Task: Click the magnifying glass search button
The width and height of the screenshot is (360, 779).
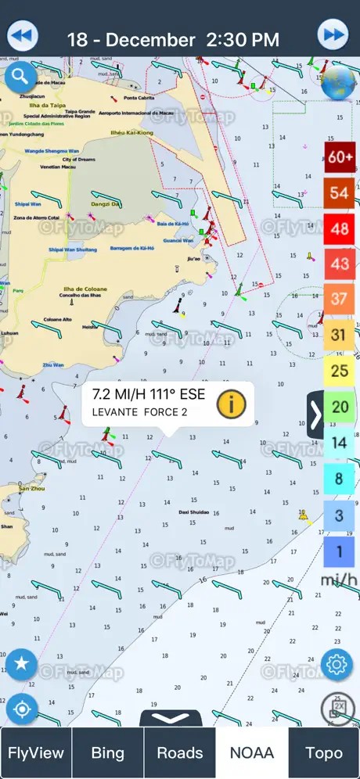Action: coord(20,77)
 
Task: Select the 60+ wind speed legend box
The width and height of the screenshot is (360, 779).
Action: coord(340,157)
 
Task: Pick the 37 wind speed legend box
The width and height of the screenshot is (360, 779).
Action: coord(340,299)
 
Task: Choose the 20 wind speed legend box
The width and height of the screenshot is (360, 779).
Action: coord(340,407)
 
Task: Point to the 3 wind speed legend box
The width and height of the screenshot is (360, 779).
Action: coord(340,515)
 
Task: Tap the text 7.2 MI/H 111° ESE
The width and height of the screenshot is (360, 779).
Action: coord(149,394)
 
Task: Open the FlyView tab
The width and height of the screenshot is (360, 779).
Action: coord(36,753)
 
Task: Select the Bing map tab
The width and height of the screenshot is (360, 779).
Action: coord(107,753)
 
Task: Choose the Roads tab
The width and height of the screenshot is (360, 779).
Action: coord(179,753)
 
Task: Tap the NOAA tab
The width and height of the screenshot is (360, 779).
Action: coord(251,753)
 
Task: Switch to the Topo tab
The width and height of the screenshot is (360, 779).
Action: coord(323,753)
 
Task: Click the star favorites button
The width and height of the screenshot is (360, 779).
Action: coord(21,665)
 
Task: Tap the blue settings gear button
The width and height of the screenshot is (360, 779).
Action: coord(337,665)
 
